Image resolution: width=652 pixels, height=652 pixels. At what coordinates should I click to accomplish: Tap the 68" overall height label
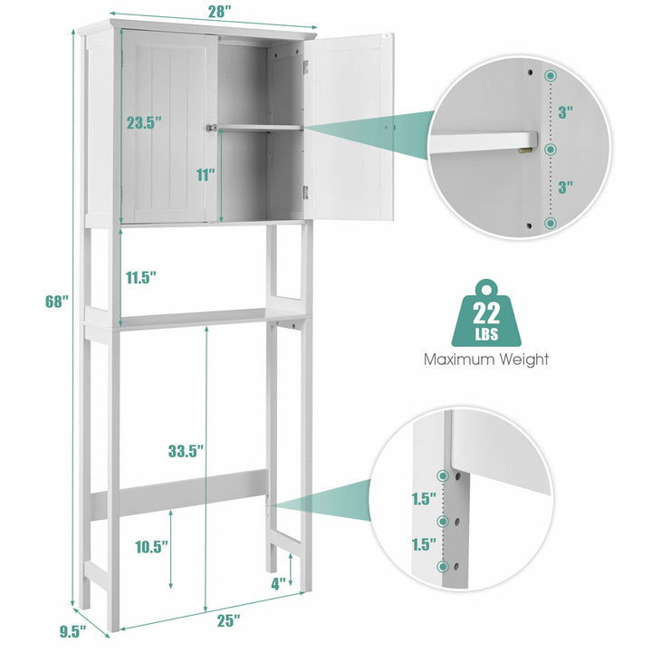click(56, 302)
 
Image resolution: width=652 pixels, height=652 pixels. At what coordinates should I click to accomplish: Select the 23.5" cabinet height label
click(144, 122)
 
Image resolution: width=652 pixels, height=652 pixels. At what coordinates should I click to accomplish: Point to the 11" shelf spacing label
click(206, 175)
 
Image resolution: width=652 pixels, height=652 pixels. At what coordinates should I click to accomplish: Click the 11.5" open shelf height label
click(141, 277)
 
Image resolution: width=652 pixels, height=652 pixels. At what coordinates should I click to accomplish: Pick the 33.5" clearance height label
click(186, 451)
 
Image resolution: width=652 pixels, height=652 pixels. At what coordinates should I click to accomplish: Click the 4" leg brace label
click(279, 584)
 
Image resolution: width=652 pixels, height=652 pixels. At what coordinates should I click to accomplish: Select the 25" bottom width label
click(229, 621)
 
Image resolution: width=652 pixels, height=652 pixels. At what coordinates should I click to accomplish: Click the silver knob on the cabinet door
click(212, 128)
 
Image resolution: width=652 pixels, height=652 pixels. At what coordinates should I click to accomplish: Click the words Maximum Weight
click(486, 360)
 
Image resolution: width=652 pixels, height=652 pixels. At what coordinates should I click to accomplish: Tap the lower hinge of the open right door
click(306, 192)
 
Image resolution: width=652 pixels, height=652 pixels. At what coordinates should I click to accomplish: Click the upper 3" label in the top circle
click(565, 112)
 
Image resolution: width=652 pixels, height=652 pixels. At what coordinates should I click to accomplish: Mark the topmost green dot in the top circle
click(551, 76)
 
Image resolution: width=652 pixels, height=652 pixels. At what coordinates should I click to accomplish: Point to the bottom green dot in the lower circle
click(444, 566)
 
